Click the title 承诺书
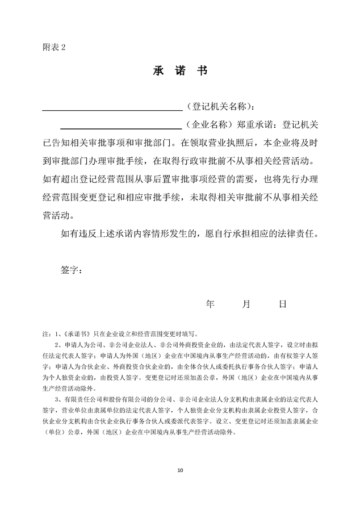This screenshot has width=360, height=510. pyautogui.click(x=180, y=70)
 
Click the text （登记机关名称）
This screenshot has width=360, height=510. pyautogui.click(x=219, y=106)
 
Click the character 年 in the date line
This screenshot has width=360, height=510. pyautogui.click(x=210, y=304)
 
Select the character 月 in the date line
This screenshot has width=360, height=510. pyautogui.click(x=246, y=304)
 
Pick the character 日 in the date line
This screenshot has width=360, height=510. pyautogui.click(x=282, y=304)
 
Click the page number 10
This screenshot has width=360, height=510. pyautogui.click(x=180, y=470)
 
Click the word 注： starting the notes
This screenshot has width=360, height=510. pyautogui.click(x=47, y=334)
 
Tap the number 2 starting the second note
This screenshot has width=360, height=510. pyautogui.click(x=56, y=344)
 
